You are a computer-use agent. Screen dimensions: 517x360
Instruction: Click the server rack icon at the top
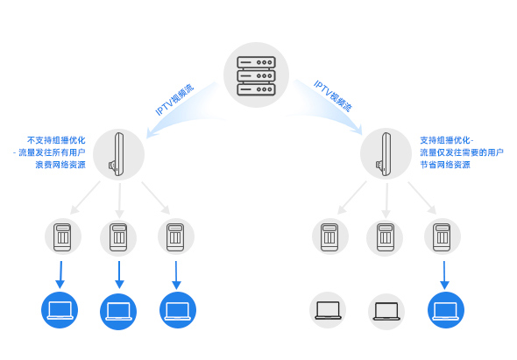256,76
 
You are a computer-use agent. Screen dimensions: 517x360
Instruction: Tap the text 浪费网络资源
60,165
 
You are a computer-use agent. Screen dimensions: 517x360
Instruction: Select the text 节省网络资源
445,165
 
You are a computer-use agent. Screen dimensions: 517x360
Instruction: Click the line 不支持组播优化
56,140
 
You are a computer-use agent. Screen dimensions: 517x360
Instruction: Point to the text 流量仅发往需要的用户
462,152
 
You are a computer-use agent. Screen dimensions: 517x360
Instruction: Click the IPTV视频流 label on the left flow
174,100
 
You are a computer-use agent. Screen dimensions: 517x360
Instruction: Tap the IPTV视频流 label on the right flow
333,95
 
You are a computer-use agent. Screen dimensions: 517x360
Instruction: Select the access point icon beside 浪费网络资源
118,154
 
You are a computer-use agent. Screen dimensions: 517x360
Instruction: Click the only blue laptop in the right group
446,310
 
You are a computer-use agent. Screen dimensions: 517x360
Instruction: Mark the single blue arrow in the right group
444,275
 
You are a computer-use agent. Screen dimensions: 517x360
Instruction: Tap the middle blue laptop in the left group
118,312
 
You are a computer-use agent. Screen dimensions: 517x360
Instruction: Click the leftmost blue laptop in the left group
60,310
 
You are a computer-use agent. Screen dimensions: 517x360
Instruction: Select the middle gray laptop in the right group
386,312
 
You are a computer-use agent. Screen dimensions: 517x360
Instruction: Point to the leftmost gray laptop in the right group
328,310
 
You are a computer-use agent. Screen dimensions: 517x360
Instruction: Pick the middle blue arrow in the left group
119,275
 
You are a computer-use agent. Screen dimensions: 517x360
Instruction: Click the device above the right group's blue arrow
443,236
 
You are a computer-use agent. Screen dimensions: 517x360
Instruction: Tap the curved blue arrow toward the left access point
181,109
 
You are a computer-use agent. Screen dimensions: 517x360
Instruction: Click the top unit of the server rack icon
256,62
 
